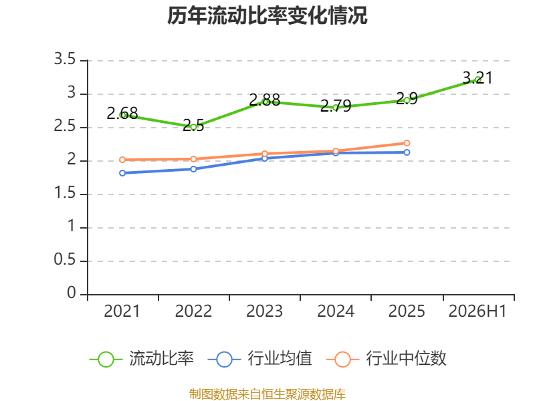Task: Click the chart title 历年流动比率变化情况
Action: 267,15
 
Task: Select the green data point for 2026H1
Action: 477,80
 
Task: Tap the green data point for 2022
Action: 193,127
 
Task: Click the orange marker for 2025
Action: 407,143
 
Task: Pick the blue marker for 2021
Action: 122,173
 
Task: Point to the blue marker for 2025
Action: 407,152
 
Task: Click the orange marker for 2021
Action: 122,160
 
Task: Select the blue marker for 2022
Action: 193,169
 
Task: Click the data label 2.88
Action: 264,100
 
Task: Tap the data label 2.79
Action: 336,106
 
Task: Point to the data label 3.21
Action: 477,78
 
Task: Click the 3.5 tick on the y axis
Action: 64,59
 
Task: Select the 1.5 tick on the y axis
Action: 64,193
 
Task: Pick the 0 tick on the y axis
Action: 72,293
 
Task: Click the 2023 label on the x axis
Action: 264,311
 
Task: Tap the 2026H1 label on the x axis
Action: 477,311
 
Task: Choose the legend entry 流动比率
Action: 141,359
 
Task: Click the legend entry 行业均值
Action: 259,359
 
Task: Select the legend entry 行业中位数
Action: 386,359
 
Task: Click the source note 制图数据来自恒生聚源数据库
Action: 267,394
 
